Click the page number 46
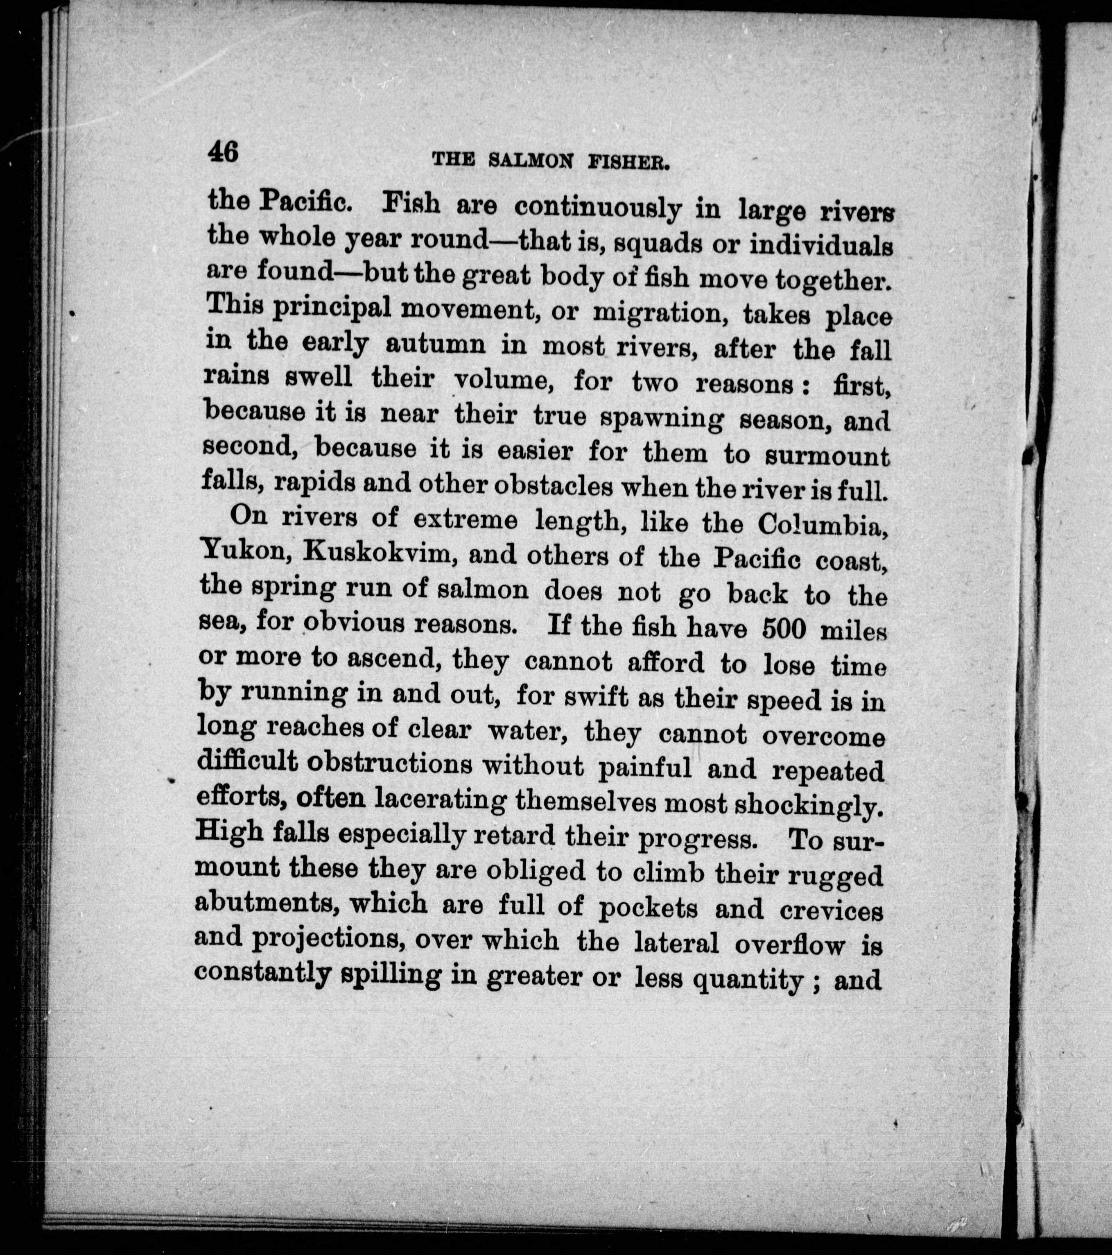point(223,151)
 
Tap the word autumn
point(435,344)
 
